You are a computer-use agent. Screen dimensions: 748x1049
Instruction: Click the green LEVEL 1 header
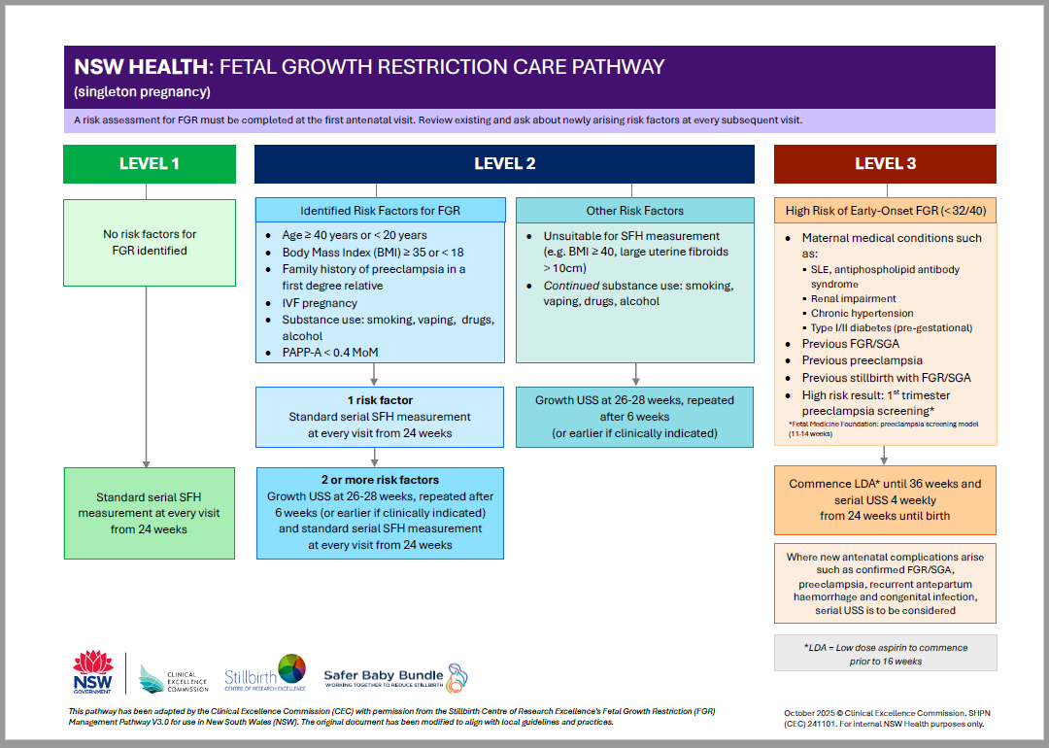click(150, 164)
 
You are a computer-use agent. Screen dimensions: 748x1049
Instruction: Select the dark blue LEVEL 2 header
click(504, 164)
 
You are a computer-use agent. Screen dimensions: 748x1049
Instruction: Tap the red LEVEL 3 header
click(885, 164)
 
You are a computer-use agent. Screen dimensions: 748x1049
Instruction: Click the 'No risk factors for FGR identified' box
click(150, 243)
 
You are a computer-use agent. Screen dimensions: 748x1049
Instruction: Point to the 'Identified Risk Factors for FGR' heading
click(381, 210)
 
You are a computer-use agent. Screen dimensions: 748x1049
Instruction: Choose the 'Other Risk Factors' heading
click(635, 210)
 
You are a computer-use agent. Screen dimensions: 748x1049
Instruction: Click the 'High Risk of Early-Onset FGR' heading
click(885, 210)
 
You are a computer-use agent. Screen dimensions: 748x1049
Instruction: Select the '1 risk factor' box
click(381, 417)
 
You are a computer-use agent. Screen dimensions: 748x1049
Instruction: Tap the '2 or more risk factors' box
click(381, 513)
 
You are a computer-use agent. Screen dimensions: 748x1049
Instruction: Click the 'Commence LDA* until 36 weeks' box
click(885, 499)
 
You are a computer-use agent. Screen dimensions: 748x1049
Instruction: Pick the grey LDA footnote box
click(885, 654)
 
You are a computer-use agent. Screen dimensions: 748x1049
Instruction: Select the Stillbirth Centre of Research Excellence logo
click(265, 673)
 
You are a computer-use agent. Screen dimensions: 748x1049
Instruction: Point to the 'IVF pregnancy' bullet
click(321, 303)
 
